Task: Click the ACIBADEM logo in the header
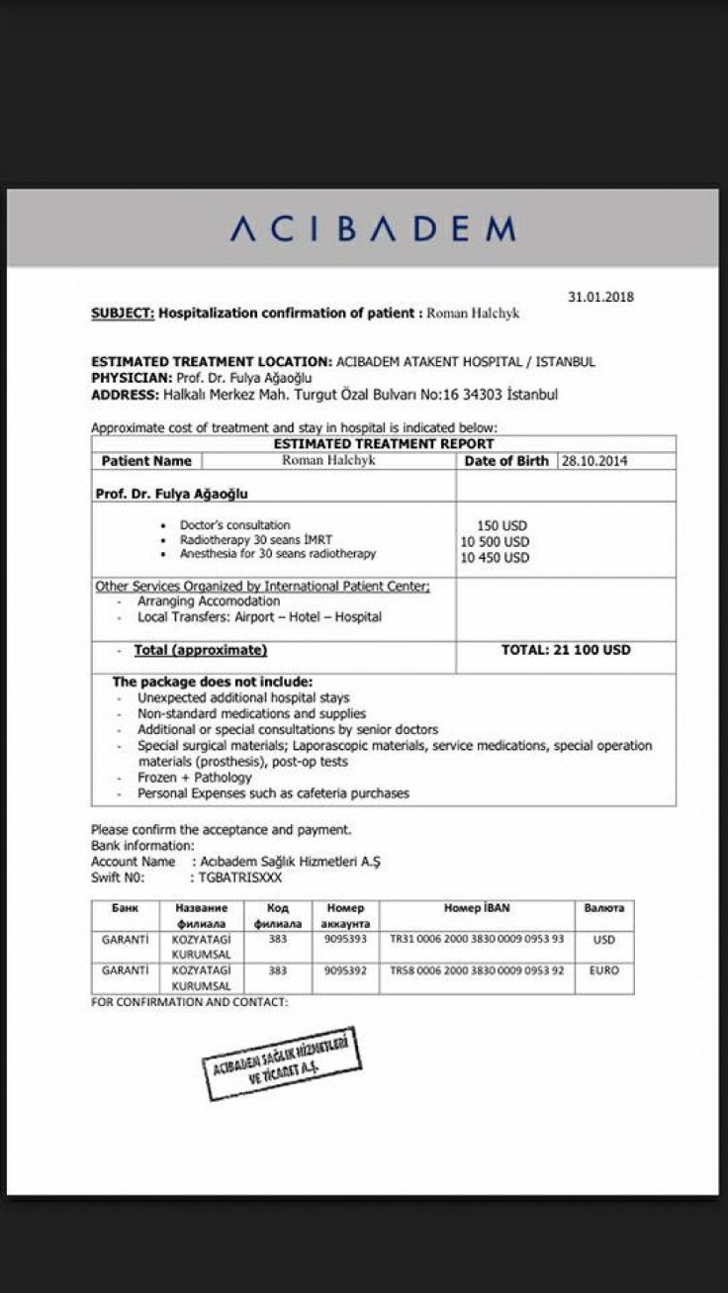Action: click(373, 230)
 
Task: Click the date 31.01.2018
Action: click(600, 296)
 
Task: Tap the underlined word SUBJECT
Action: click(122, 314)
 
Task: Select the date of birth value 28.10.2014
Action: click(595, 461)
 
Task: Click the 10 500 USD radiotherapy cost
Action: click(495, 541)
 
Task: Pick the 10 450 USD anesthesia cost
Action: click(495, 557)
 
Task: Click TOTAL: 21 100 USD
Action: click(566, 651)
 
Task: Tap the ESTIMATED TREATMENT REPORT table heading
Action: click(384, 444)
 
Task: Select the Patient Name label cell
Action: click(146, 461)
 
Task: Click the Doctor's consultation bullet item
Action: click(234, 525)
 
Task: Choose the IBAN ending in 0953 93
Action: click(477, 940)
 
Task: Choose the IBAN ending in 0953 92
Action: click(477, 970)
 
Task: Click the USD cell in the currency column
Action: click(603, 940)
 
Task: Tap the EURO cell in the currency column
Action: click(603, 970)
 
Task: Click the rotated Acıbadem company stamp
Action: click(281, 1064)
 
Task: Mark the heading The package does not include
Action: click(212, 683)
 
